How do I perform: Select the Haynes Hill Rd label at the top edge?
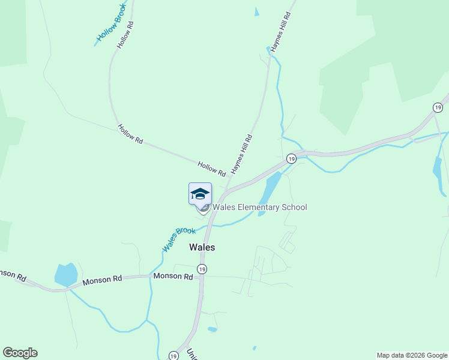281,31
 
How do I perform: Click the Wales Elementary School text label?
259,208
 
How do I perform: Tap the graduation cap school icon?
200,194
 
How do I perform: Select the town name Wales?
202,247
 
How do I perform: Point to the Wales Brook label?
178,239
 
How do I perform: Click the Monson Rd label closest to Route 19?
173,277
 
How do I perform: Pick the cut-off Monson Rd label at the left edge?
12,275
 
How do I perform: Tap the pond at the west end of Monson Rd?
66,274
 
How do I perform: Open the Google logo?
20,353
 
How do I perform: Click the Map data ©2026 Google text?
412,355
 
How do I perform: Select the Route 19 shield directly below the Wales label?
202,269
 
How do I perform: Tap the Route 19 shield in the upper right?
438,107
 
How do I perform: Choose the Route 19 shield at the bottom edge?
173,355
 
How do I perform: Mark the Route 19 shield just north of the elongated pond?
291,158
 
